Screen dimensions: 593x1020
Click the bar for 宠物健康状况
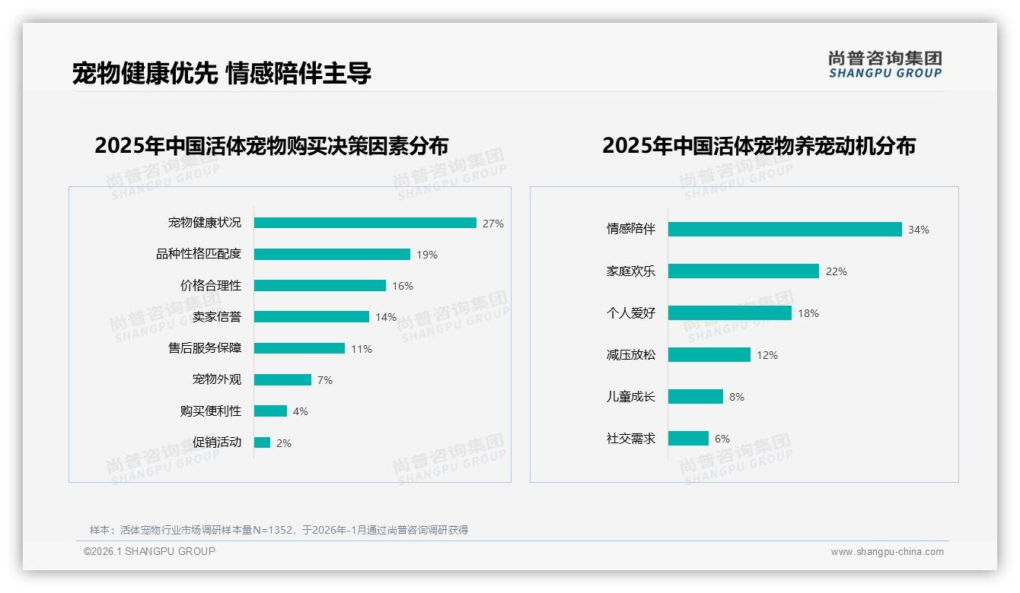click(365, 223)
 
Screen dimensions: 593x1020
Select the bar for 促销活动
click(262, 442)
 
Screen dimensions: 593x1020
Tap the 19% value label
click(427, 255)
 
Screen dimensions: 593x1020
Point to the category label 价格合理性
click(211, 286)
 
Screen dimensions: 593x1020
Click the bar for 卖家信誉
click(311, 317)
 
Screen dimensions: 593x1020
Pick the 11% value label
click(362, 349)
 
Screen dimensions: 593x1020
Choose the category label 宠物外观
click(217, 379)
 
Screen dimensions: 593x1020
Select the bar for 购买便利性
click(270, 411)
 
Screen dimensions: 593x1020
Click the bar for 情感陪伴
click(785, 230)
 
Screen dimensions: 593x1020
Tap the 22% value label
click(837, 271)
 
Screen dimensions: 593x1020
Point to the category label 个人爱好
click(631, 313)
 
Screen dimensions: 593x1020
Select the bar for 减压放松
click(709, 355)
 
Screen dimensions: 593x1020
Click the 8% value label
click(737, 397)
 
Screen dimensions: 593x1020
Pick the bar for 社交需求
click(688, 439)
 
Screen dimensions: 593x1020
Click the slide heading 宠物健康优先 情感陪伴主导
click(222, 74)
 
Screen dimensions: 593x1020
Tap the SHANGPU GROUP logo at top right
click(885, 65)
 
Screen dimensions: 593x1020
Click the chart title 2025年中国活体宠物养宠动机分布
click(758, 146)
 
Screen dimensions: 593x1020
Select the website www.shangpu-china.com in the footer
click(887, 552)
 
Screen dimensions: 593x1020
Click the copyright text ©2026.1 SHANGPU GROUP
click(149, 551)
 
